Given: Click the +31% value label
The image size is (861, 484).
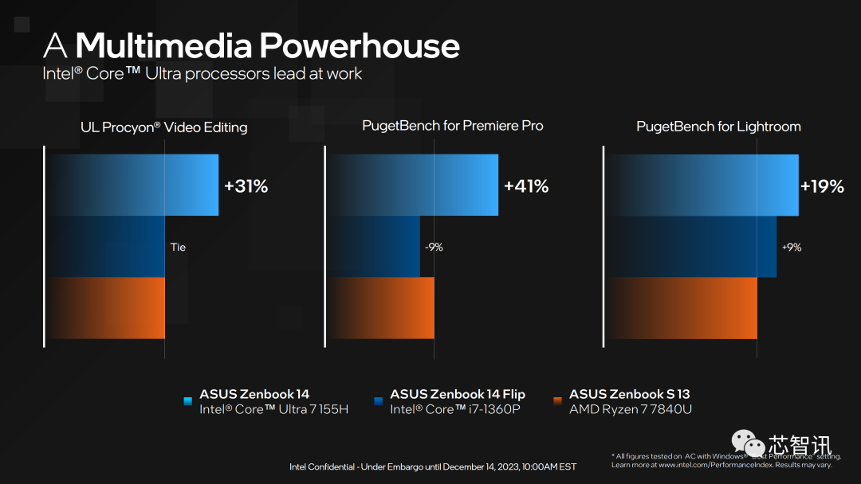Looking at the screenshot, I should pos(246,186).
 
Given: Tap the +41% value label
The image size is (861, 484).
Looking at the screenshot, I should pos(526,186).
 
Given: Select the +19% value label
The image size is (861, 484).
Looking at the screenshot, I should pos(822,186).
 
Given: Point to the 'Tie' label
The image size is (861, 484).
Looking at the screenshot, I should pos(178,247).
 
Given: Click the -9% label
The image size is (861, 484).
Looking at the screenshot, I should pos(434,247).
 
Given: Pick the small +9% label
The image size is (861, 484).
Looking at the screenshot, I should pos(792,247).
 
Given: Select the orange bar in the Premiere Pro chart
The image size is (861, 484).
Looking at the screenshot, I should pos(382,308).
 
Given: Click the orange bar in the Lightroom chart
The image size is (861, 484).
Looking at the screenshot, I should pos(682,308).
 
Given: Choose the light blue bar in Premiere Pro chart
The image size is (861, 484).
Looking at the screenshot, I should pos(414,185).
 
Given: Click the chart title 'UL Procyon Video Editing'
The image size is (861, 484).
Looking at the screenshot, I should pos(164,127).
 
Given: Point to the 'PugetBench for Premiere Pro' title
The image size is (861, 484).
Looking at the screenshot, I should pos(453,126).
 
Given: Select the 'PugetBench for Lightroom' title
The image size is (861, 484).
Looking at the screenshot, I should pos(718,126).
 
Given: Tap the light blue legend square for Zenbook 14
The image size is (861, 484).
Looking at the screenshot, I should pos(187,400).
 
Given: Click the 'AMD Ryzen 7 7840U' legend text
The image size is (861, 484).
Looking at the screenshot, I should pos(630,409).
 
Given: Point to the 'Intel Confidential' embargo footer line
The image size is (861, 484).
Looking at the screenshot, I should pos(433,466).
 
